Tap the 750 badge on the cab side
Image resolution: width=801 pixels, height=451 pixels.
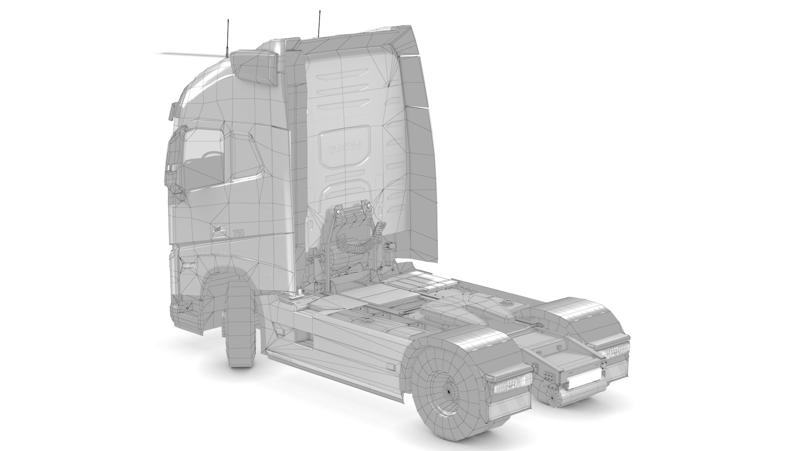(x=238, y=232)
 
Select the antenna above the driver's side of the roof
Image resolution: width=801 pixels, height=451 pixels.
(x=227, y=38)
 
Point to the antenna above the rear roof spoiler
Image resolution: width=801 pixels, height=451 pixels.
(x=319, y=23)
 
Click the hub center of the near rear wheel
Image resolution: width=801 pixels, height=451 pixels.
(x=450, y=390)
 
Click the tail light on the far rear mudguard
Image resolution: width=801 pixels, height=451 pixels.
(x=615, y=353)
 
